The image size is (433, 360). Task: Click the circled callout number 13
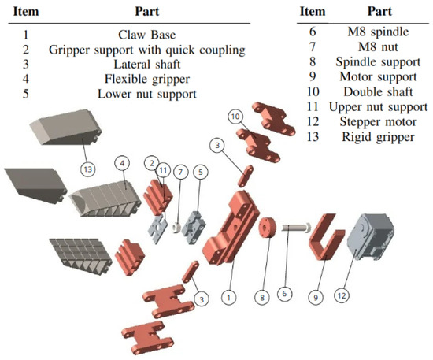click(88, 169)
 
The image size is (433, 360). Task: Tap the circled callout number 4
click(122, 163)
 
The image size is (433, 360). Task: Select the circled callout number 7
click(180, 173)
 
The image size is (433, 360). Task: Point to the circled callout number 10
click(235, 117)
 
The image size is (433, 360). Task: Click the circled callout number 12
click(342, 295)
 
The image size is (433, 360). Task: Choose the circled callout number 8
click(262, 297)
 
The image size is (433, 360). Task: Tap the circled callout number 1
click(229, 297)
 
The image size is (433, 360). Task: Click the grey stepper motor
click(370, 236)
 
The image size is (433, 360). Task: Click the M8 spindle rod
click(296, 228)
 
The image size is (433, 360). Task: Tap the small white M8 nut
click(176, 228)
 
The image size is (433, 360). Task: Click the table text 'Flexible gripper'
click(147, 79)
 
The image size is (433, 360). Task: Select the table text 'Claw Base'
click(147, 35)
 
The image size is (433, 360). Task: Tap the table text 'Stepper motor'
click(378, 122)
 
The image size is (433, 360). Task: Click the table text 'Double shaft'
click(378, 91)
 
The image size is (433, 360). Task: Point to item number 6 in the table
click(313, 32)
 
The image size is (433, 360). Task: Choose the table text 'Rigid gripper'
click(379, 137)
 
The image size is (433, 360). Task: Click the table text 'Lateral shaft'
click(147, 65)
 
